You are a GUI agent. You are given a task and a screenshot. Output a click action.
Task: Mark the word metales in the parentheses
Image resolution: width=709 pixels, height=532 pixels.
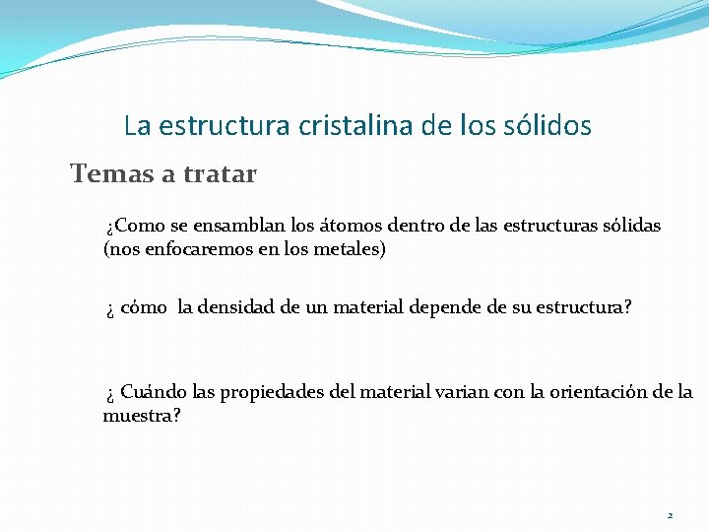[x=351, y=249]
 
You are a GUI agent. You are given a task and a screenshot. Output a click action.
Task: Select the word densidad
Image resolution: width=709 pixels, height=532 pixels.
[x=238, y=307]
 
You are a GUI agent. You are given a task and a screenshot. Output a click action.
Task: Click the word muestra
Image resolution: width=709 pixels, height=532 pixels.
[x=138, y=416]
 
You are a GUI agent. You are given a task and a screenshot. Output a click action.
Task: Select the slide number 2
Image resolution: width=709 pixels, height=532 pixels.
[x=670, y=515]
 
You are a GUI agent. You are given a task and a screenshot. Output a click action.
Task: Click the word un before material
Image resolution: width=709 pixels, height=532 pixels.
[x=316, y=307]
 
